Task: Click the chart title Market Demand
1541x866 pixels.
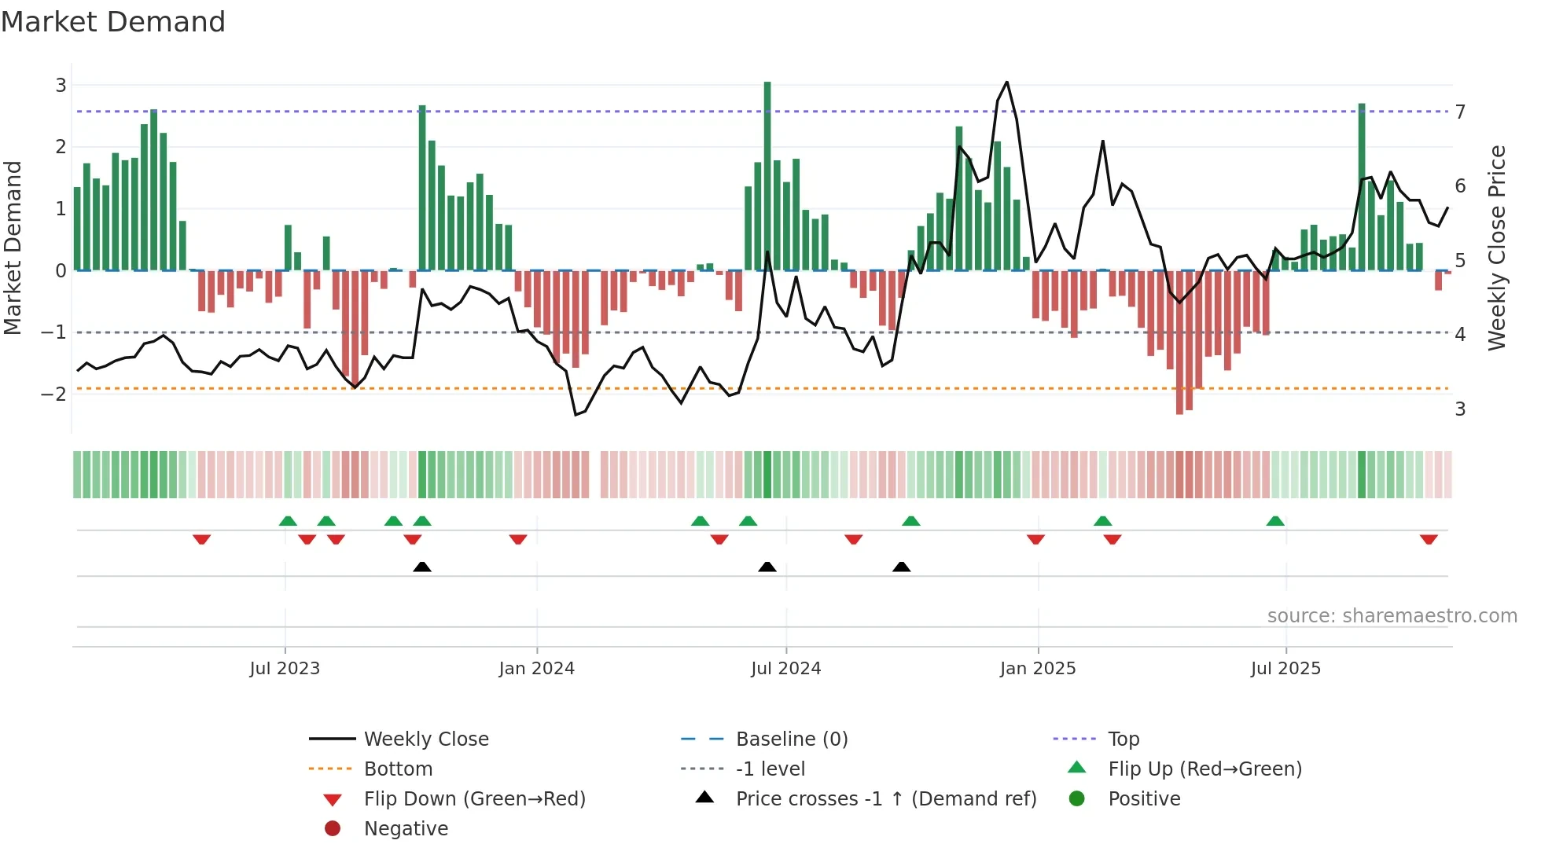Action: (x=113, y=22)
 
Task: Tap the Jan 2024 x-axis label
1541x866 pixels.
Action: (x=536, y=669)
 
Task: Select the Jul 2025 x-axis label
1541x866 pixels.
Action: (x=1285, y=669)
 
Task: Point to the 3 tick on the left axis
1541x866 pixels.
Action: (x=61, y=85)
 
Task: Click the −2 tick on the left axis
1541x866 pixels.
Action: (x=55, y=394)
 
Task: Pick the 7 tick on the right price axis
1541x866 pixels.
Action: (x=1460, y=112)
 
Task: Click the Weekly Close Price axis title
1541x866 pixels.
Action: (x=1496, y=248)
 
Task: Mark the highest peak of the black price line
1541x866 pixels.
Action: (x=1006, y=83)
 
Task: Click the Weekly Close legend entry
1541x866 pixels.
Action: (x=425, y=739)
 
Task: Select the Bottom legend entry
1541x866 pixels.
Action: (x=398, y=769)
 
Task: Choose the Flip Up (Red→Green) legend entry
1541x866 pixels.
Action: (x=1204, y=769)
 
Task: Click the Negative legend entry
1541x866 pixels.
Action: (x=406, y=829)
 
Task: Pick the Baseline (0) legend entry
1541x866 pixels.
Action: (x=791, y=739)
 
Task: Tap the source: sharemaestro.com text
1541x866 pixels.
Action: (x=1392, y=616)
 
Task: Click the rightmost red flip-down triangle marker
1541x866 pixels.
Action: (x=1429, y=539)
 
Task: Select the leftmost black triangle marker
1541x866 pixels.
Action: (x=422, y=567)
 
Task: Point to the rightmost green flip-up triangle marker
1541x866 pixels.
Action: (x=1275, y=521)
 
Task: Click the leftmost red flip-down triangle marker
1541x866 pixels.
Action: (x=201, y=539)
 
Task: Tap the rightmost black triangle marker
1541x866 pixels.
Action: (x=902, y=567)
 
